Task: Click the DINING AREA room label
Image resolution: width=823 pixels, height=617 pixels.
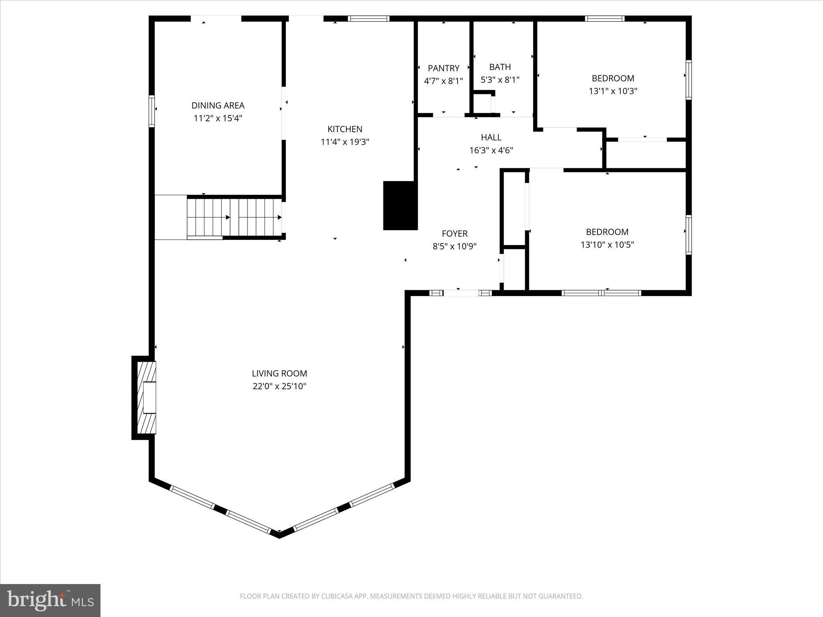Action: [x=217, y=105]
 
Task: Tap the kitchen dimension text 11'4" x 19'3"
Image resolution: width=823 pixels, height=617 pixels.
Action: [x=345, y=142]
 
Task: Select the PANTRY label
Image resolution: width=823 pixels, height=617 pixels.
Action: [x=443, y=68]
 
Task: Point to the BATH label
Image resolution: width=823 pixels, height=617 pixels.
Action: [x=500, y=67]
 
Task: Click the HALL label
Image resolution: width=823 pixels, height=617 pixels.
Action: [x=491, y=137]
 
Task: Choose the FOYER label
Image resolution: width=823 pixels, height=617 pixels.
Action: [x=454, y=233]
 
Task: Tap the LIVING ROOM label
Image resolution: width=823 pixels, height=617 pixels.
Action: [x=279, y=373]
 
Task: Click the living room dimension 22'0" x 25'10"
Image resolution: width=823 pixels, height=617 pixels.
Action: [x=279, y=386]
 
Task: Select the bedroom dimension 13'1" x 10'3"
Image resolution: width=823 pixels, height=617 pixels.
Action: [x=613, y=91]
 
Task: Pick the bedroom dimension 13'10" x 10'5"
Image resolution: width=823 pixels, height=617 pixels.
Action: [x=607, y=245]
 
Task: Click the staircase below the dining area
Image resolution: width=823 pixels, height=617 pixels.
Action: [x=234, y=217]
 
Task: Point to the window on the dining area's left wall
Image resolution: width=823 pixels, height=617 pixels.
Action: [x=151, y=111]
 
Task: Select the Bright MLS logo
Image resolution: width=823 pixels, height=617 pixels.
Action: [x=50, y=600]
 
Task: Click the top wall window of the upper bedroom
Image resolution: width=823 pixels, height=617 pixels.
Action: [x=604, y=18]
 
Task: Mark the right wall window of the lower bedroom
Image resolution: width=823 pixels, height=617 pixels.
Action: [x=688, y=235]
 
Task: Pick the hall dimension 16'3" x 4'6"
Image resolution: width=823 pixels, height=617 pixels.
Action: [x=491, y=151]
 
